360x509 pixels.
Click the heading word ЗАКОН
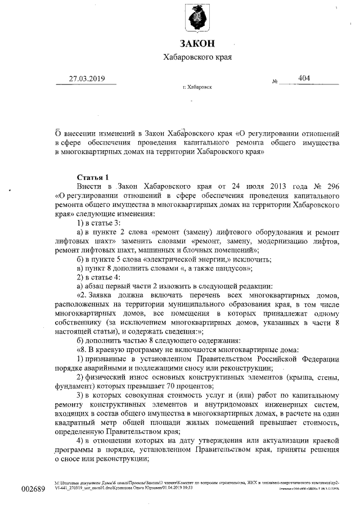coord(196,44)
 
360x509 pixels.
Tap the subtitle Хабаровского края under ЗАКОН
coord(196,57)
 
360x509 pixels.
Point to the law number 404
coord(304,78)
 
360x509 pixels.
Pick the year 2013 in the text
coord(260,186)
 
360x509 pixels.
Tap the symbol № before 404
coord(276,81)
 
